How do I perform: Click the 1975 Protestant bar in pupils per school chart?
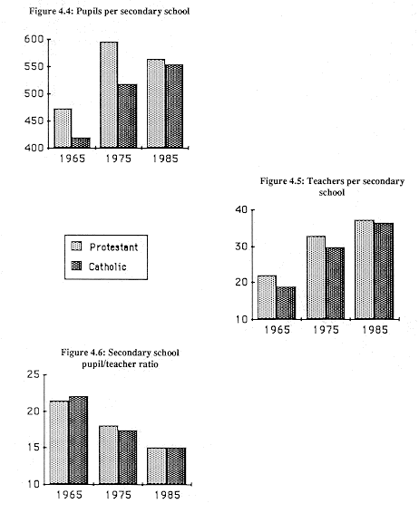109,95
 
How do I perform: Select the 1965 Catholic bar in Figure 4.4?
81,142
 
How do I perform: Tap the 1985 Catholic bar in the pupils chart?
174,106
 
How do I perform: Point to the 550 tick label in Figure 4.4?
34,67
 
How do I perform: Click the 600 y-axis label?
34,39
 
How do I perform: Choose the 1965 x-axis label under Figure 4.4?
73,158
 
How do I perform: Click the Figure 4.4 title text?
109,12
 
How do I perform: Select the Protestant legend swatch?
76,247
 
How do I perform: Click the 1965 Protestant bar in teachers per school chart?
268,297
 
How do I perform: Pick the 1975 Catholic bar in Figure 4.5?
336,283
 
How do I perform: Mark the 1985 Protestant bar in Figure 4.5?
365,269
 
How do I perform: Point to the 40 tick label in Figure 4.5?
241,209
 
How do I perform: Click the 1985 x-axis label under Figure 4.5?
375,330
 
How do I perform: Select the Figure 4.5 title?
332,187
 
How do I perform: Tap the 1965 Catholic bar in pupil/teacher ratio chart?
79,440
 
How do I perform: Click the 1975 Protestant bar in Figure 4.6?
109,455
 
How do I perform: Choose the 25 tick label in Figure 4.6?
33,374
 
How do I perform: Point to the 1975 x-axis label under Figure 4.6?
119,495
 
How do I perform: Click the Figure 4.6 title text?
120,358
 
